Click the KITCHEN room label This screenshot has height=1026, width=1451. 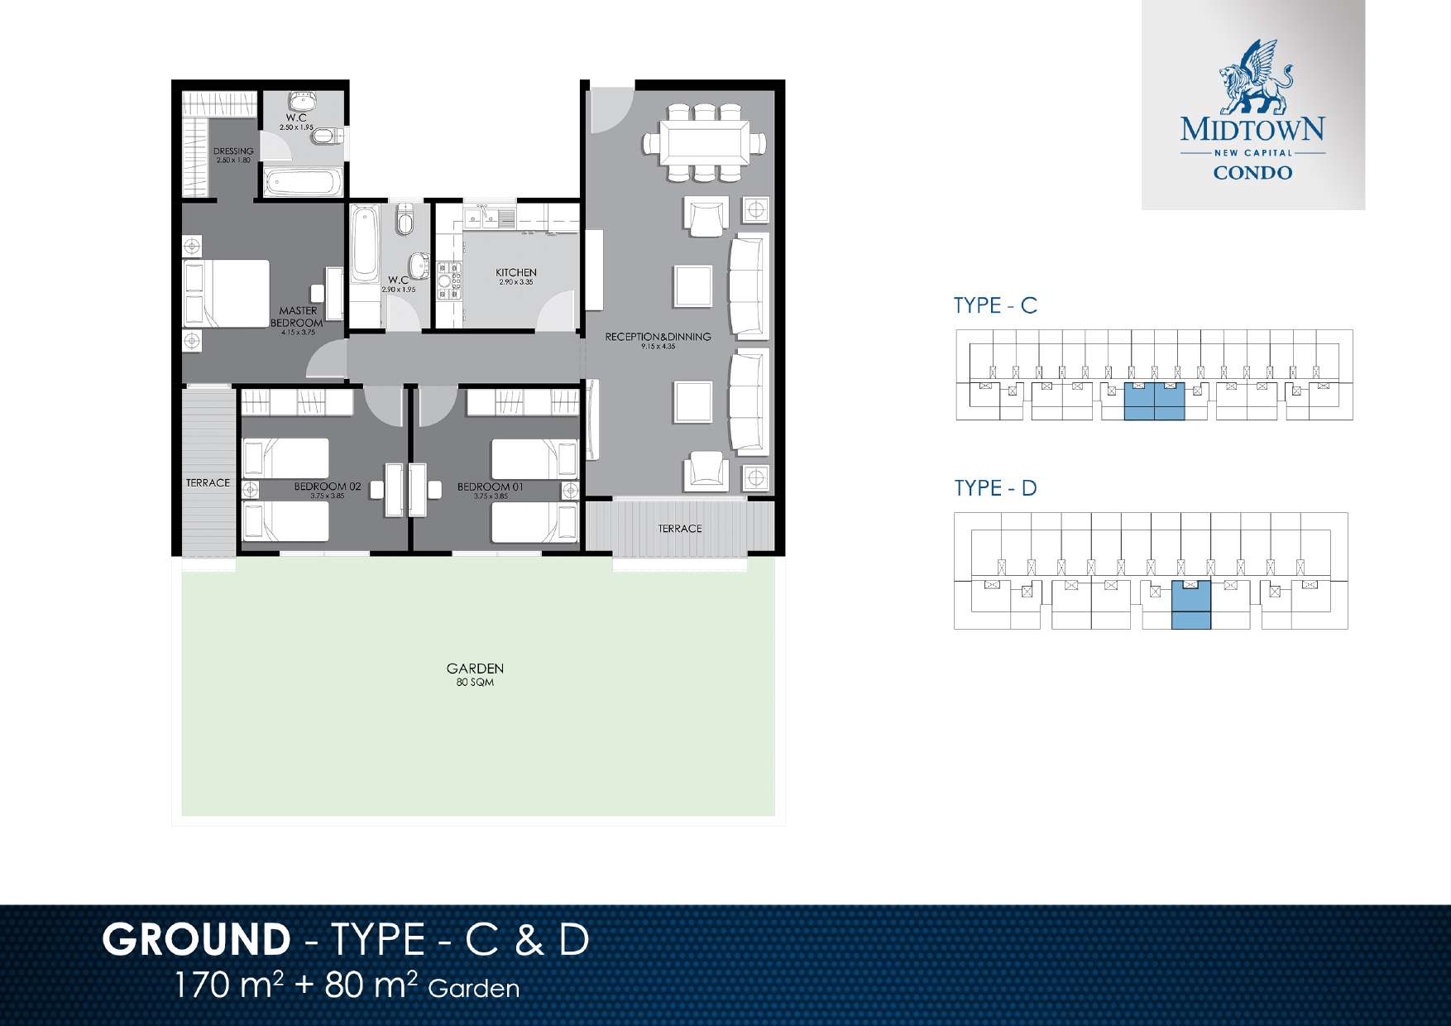[516, 273]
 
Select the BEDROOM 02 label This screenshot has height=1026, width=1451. [328, 487]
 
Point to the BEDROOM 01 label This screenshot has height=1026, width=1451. [491, 487]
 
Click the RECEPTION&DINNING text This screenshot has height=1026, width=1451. [658, 337]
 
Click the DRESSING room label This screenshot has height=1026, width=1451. [233, 152]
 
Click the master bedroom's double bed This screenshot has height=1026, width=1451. [227, 293]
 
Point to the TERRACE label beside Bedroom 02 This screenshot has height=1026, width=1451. [208, 482]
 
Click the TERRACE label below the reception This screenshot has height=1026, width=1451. [680, 528]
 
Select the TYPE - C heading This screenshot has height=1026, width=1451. [995, 305]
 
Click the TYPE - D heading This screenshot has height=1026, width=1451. [995, 488]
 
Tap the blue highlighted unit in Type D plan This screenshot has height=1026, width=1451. [1190, 606]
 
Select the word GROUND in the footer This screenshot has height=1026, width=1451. [195, 939]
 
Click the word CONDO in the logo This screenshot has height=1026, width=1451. [1252, 174]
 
